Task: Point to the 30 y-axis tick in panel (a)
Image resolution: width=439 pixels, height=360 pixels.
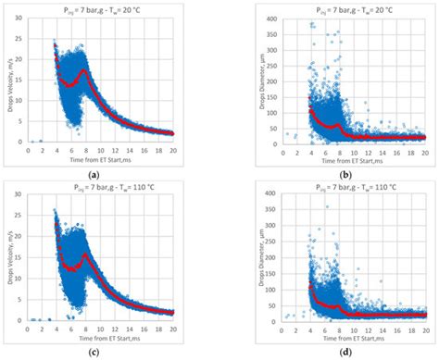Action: tap(20, 19)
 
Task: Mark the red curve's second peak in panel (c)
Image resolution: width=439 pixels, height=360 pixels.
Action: tap(85, 254)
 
